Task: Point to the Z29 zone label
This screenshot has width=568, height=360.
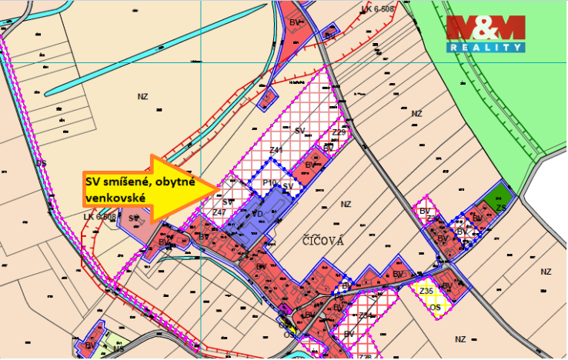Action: point(339,132)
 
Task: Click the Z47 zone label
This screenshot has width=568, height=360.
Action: point(219,212)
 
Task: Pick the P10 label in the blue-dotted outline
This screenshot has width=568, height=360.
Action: point(269,182)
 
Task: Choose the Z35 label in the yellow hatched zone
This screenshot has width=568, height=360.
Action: point(426,291)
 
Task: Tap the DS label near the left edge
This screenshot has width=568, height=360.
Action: point(42,163)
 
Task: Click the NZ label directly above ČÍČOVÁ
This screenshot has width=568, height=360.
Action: point(346,204)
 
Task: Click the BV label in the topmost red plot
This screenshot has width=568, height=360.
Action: point(294,23)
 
